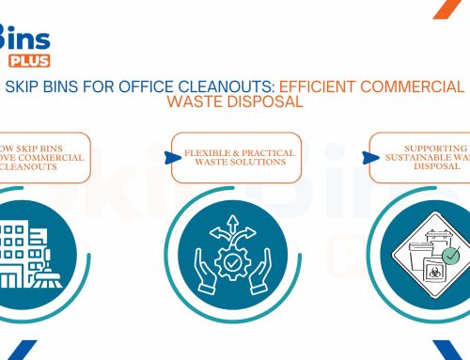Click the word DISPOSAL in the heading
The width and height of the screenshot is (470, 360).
click(269, 103)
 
